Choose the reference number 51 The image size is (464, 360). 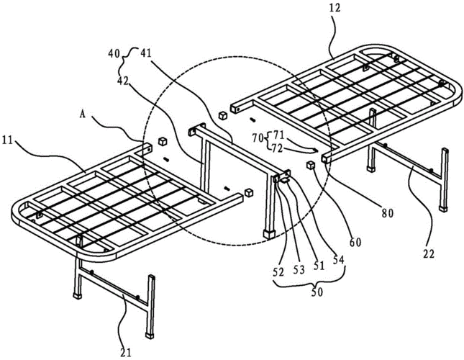pyautogui.click(x=319, y=264)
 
